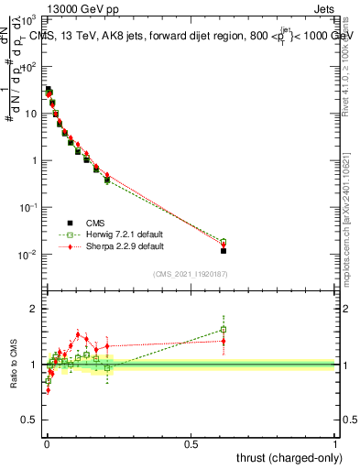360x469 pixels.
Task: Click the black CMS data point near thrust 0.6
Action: click(224, 250)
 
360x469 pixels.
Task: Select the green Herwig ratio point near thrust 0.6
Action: click(224, 330)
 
